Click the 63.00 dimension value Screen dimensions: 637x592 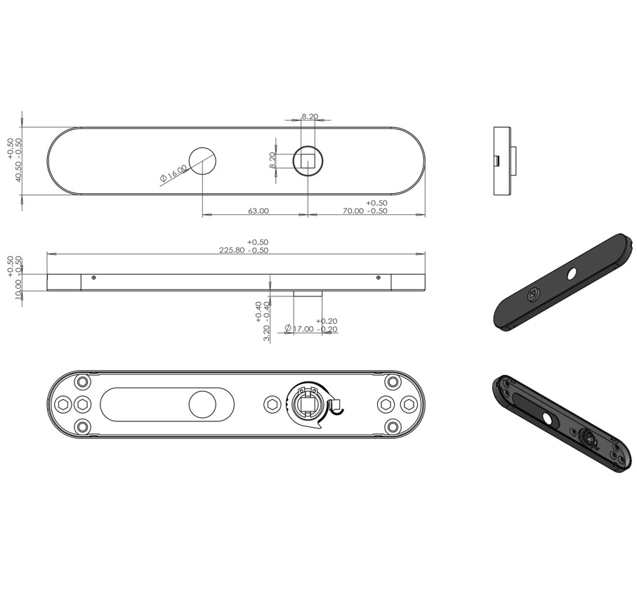(x=258, y=211)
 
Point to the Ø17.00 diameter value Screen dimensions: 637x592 (x=299, y=329)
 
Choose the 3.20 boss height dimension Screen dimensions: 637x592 (x=266, y=333)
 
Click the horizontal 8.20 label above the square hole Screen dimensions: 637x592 (x=310, y=117)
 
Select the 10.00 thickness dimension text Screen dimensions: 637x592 (x=18, y=289)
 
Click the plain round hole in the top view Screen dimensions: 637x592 (x=203, y=161)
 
